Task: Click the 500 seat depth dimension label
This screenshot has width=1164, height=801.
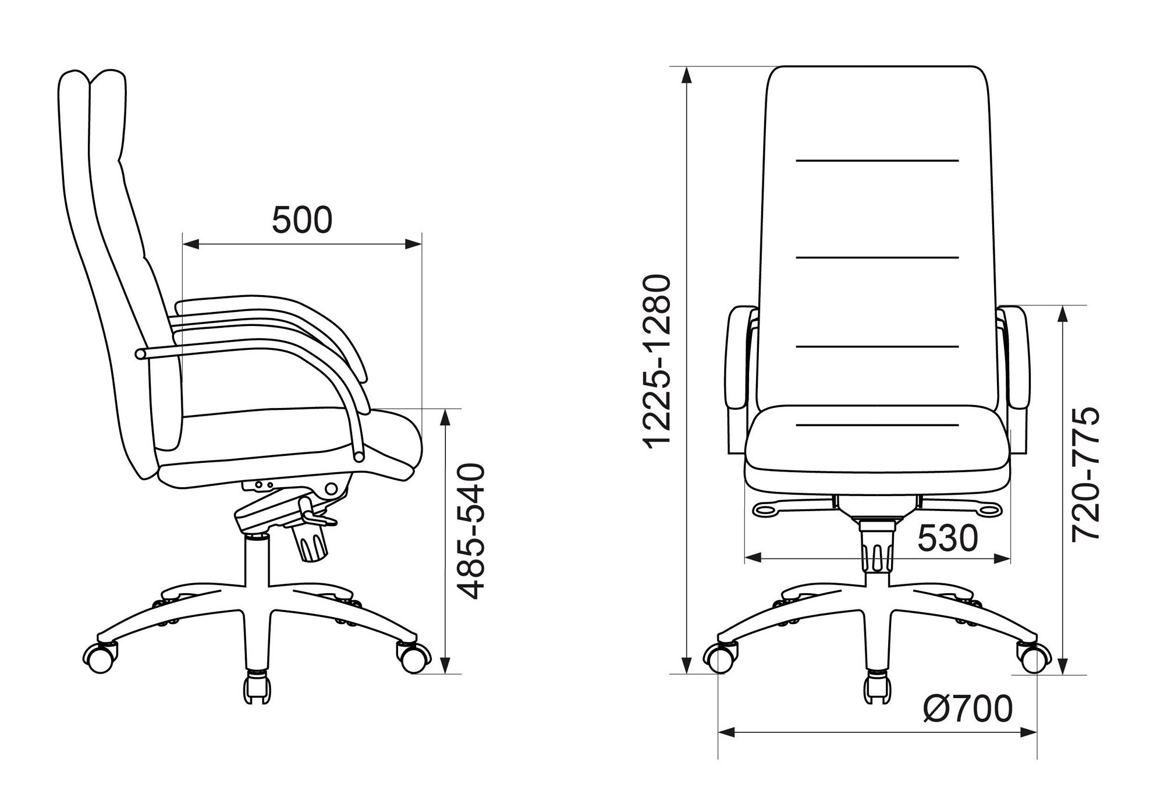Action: point(302,219)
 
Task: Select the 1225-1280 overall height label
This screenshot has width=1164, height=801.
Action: point(657,360)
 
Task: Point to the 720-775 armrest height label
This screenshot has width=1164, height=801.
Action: point(1085,474)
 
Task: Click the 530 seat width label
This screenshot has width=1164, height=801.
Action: point(947,538)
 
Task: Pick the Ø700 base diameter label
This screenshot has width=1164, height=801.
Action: point(968,708)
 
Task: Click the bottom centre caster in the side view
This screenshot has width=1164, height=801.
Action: point(257,687)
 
